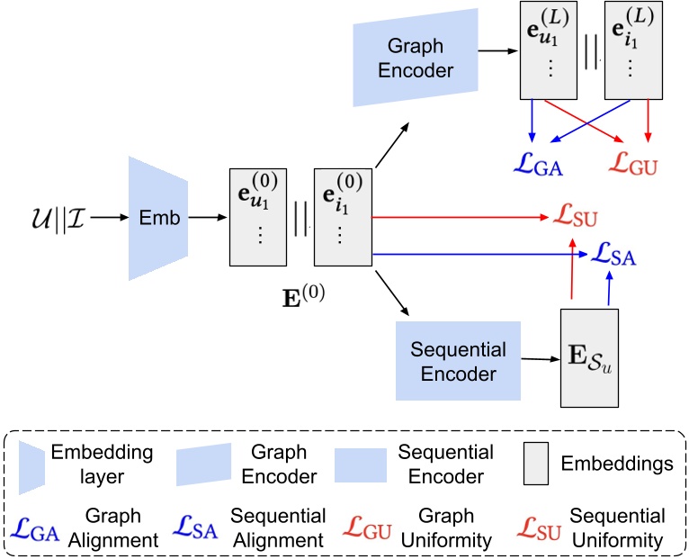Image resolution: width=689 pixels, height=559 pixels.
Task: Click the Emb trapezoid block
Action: tap(158, 217)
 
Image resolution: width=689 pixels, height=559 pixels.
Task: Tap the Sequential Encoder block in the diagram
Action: tap(458, 361)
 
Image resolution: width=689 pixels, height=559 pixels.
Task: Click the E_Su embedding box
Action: tap(588, 357)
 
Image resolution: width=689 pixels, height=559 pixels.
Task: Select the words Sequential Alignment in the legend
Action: tap(278, 529)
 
